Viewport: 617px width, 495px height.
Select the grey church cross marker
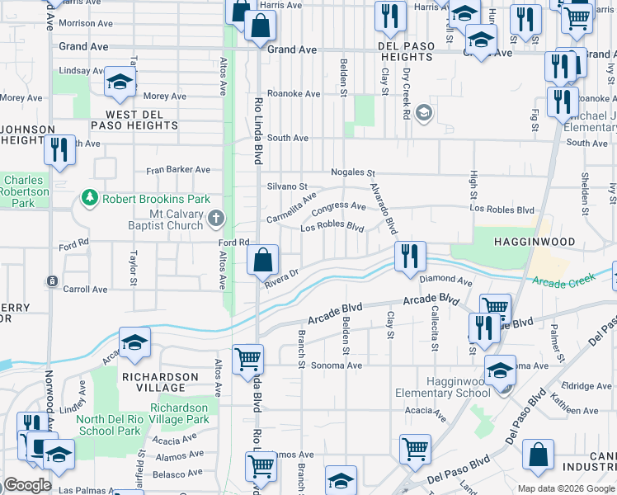pos(216,219)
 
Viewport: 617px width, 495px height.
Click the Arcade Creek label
pos(563,282)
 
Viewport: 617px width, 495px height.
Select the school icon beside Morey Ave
pos(120,82)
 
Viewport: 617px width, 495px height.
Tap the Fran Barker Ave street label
pos(179,170)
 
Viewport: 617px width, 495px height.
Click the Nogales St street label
pos(353,173)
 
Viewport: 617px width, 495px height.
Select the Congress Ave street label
pos(338,205)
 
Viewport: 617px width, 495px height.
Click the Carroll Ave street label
pos(87,290)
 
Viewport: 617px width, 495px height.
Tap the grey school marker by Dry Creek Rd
pos(424,112)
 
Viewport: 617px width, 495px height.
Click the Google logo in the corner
pos(27,484)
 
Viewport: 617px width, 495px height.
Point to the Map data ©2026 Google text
pos(565,488)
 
